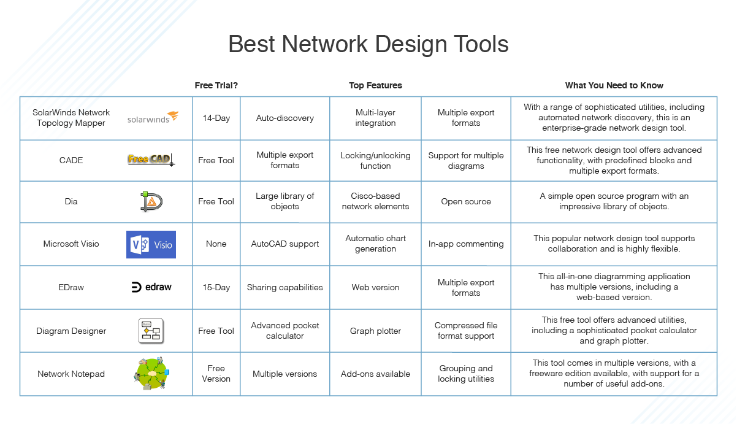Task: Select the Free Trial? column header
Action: click(x=216, y=85)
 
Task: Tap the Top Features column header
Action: click(x=375, y=85)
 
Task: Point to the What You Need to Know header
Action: click(x=614, y=85)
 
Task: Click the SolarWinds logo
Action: click(x=153, y=118)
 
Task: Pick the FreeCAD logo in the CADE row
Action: click(x=151, y=160)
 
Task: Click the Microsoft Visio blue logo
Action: click(x=151, y=244)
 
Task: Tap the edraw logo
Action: click(x=151, y=287)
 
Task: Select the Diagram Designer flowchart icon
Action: click(x=150, y=331)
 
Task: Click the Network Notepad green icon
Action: click(x=151, y=374)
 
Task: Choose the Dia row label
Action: click(x=71, y=201)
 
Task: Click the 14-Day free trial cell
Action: click(x=216, y=118)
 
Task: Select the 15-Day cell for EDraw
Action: click(x=216, y=287)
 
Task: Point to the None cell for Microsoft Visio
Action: click(x=216, y=244)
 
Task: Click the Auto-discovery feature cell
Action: click(x=284, y=118)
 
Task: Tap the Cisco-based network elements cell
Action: click(x=375, y=201)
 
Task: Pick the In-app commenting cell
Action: click(x=466, y=244)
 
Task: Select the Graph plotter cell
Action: click(x=375, y=331)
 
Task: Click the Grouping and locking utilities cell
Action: click(x=466, y=374)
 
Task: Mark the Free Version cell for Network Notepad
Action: click(x=216, y=374)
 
